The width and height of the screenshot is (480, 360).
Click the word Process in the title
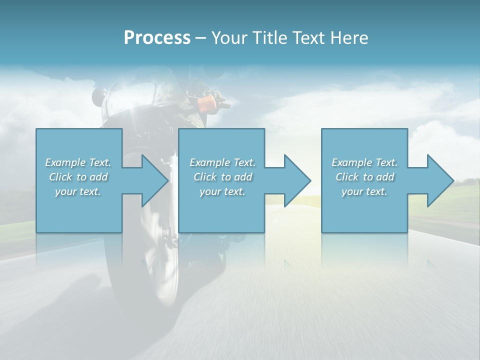(x=157, y=38)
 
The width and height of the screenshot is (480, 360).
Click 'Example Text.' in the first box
(x=78, y=162)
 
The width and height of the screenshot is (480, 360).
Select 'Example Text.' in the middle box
(x=222, y=162)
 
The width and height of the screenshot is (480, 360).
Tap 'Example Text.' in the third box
(x=364, y=162)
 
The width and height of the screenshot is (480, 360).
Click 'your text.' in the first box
(x=78, y=191)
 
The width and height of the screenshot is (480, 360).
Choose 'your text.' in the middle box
(x=222, y=191)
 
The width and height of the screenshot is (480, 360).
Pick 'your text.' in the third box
(x=364, y=191)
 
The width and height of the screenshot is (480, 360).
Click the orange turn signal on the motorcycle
(x=206, y=104)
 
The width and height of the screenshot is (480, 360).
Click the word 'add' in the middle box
(x=242, y=177)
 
